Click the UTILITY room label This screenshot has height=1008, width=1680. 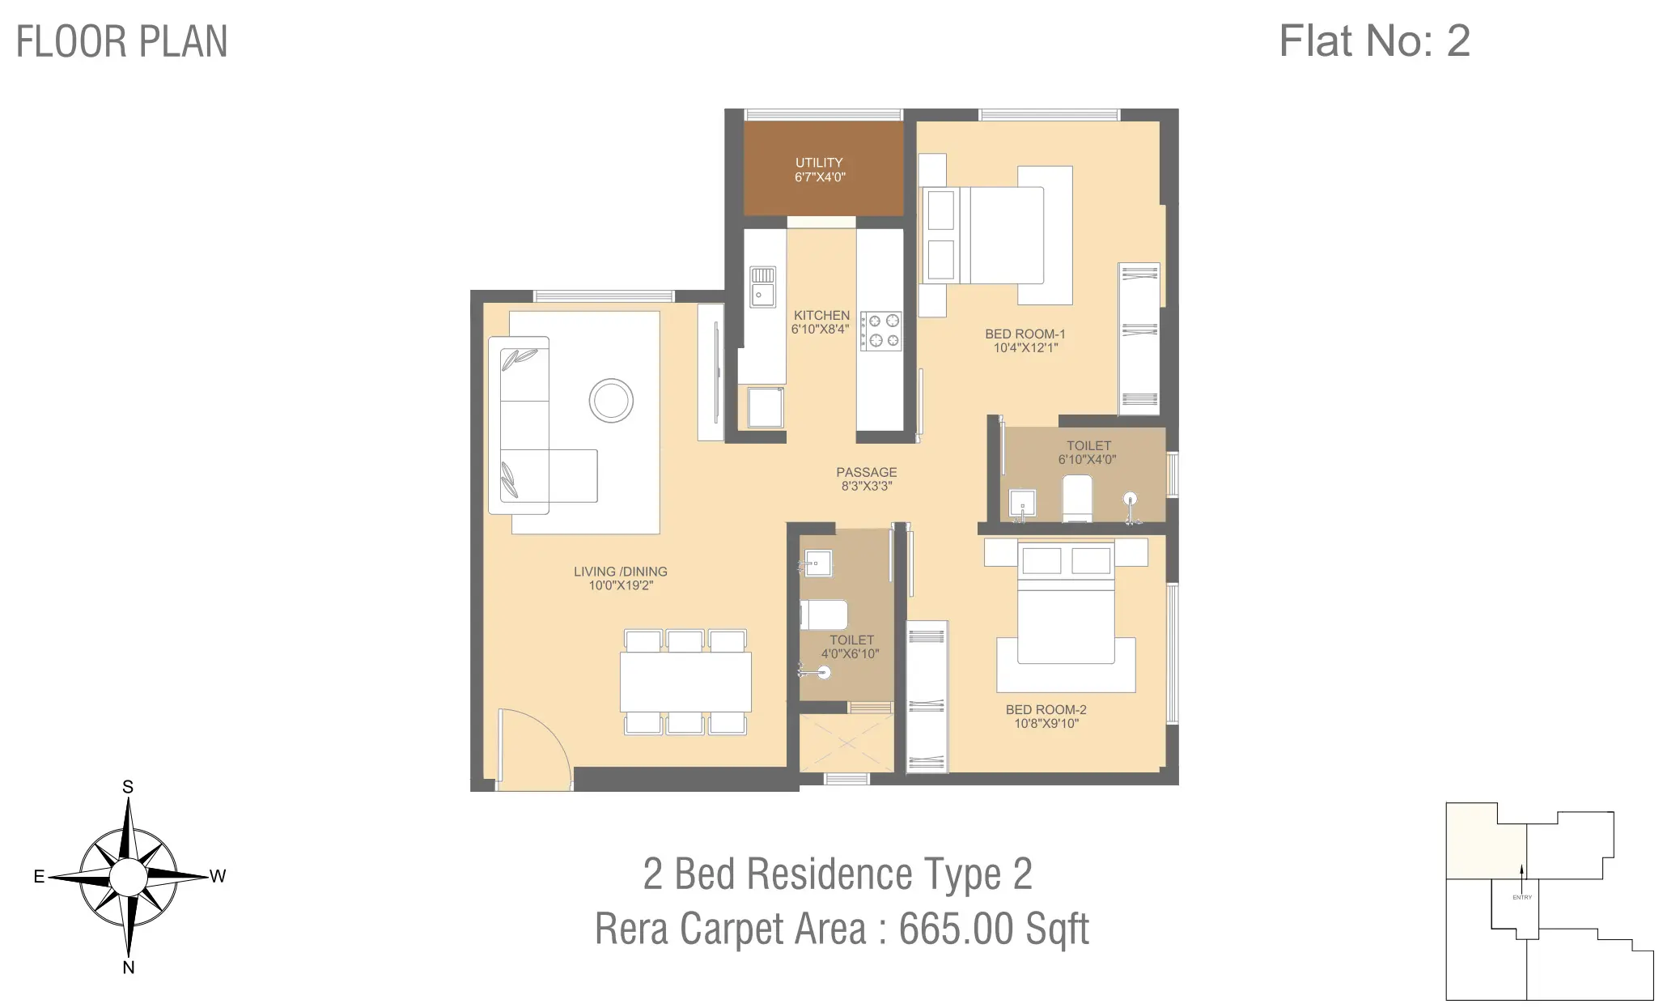tap(819, 163)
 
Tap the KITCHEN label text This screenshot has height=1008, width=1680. tap(821, 315)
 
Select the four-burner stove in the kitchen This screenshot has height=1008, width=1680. tap(880, 331)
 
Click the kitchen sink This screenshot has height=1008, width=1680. tap(762, 287)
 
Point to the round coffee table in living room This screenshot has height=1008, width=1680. tap(611, 400)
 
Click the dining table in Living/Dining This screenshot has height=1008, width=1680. tap(685, 683)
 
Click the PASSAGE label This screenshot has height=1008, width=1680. tap(866, 472)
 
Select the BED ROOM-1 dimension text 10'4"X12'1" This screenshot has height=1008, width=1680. tap(1025, 348)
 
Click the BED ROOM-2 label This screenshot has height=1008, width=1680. tap(1046, 709)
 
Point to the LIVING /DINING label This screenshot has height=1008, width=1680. tap(620, 572)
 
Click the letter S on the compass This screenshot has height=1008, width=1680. tap(128, 787)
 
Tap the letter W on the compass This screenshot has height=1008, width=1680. tap(218, 876)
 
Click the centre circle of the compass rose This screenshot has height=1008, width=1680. tap(128, 877)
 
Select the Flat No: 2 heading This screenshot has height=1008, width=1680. tap(1374, 40)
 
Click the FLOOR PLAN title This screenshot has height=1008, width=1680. tap(121, 42)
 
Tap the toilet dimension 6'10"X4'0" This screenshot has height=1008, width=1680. tap(1088, 459)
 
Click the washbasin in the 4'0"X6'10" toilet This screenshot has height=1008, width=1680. tap(817, 563)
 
